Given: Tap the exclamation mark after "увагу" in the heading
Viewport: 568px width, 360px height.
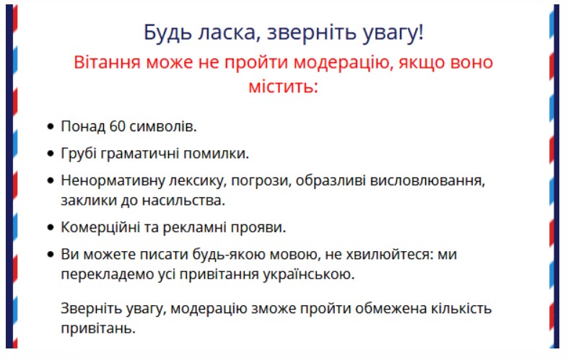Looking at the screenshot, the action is click(421, 32).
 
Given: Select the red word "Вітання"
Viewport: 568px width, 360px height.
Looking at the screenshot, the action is click(107, 62).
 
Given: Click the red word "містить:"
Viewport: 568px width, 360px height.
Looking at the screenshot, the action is click(283, 87).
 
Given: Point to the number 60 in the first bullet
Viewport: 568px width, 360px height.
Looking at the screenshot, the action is click(118, 126).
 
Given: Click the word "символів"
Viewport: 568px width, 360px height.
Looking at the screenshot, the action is click(162, 126).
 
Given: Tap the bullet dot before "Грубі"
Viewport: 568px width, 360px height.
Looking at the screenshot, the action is click(51, 154).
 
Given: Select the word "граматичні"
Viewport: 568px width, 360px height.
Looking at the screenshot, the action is click(139, 154).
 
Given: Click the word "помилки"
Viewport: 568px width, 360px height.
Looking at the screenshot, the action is click(216, 154).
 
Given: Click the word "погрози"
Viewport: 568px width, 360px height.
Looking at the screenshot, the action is click(261, 180).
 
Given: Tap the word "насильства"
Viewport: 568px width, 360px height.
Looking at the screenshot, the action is click(183, 201).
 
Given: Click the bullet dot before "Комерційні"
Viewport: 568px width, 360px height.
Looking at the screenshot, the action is click(51, 227).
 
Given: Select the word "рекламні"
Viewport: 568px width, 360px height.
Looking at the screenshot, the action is click(195, 227).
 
